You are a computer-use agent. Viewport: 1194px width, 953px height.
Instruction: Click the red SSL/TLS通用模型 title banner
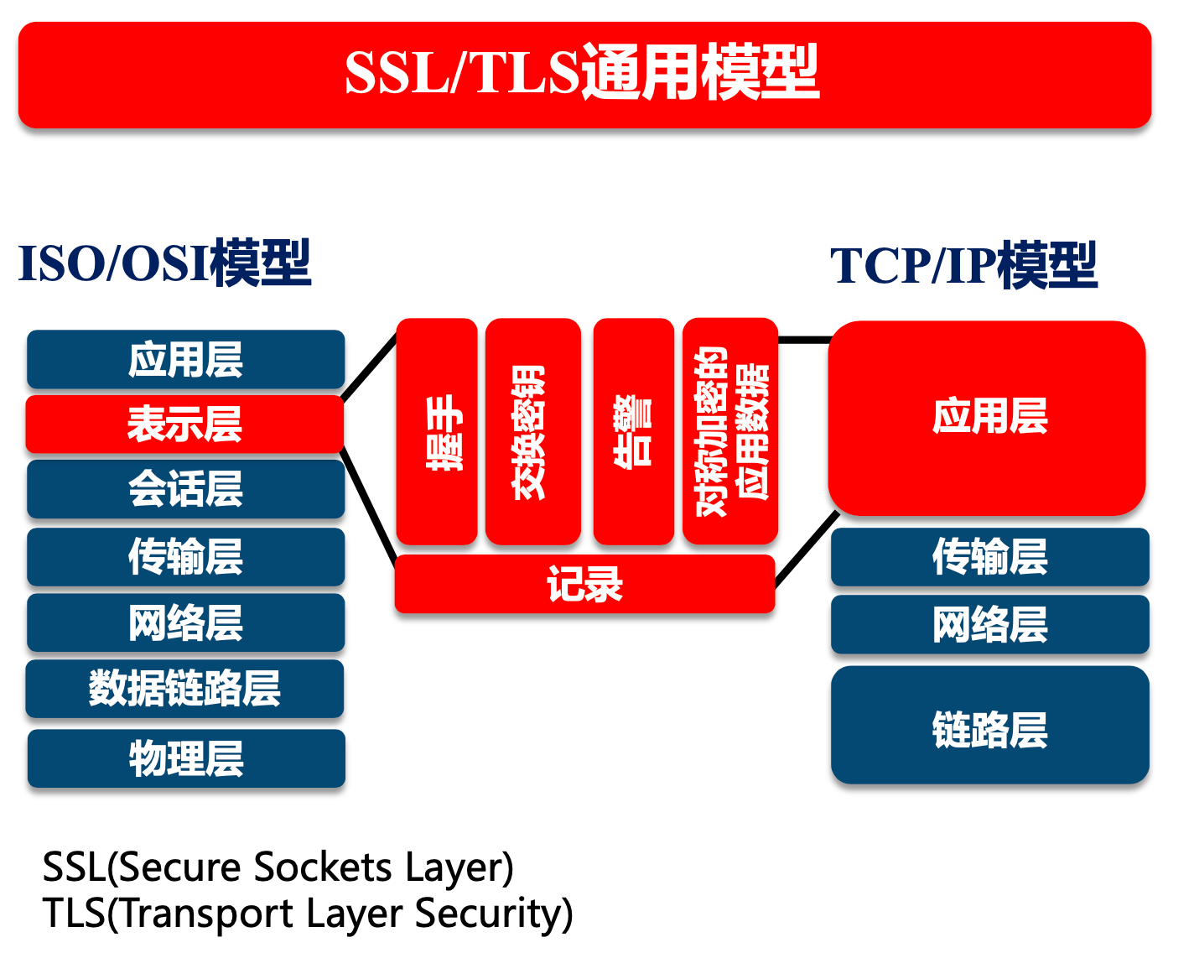[x=584, y=74]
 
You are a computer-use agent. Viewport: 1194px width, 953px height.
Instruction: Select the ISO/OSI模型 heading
[x=165, y=263]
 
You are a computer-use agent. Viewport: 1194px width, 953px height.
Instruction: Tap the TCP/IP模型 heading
[x=963, y=266]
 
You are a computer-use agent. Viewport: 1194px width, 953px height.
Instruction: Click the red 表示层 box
[x=185, y=424]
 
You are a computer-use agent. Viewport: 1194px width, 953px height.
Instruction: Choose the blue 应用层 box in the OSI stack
[x=185, y=359]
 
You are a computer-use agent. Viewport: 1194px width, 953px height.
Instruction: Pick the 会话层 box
[x=185, y=488]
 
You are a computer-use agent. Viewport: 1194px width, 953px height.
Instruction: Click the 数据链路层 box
[x=185, y=688]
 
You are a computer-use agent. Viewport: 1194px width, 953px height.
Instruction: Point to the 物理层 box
[x=186, y=758]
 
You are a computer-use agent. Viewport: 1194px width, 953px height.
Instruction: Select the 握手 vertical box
[x=437, y=431]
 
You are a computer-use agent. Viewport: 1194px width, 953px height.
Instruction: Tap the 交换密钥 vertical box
[x=533, y=431]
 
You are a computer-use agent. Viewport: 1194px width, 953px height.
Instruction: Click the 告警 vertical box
[x=633, y=431]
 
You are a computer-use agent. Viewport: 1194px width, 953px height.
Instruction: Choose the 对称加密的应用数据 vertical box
[x=730, y=431]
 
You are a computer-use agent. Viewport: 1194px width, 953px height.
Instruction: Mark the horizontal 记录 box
[x=584, y=584]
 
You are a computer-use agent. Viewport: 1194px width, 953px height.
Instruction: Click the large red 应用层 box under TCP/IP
[x=988, y=417]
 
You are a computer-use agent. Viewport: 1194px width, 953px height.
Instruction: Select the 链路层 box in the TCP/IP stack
[x=989, y=726]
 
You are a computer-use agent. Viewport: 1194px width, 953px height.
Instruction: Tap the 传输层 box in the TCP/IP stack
[x=989, y=556]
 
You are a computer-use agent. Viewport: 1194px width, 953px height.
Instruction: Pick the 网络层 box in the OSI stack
[x=185, y=622]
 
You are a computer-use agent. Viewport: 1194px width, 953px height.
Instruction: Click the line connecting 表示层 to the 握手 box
[x=370, y=367]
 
